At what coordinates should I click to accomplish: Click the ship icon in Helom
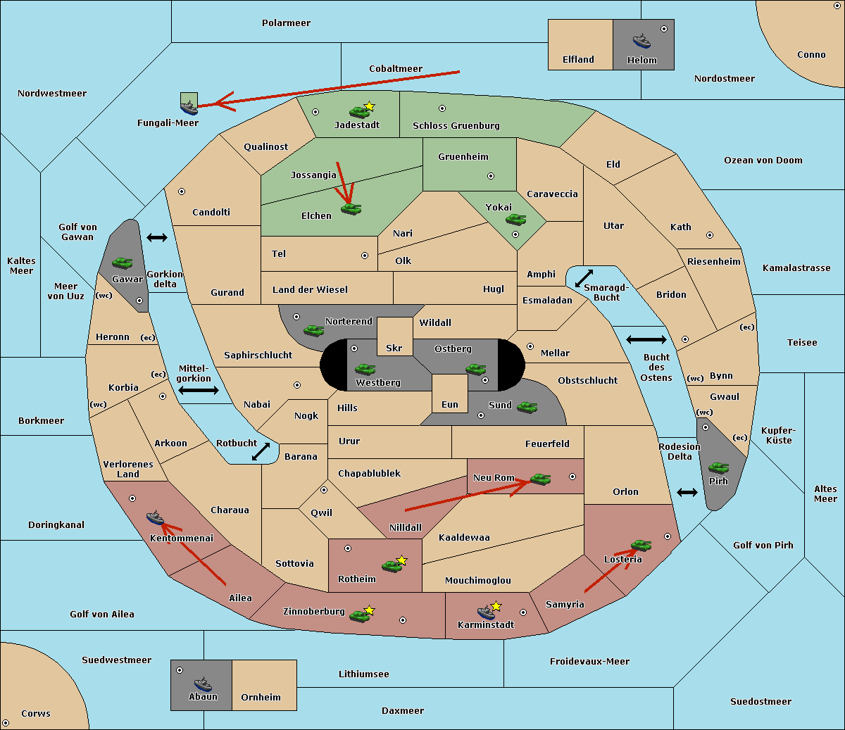641,41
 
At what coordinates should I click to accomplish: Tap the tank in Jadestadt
360,111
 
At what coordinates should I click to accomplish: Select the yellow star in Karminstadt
496,605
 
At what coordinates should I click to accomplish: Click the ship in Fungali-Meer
189,107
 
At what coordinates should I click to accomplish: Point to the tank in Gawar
123,263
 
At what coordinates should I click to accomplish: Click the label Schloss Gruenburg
456,125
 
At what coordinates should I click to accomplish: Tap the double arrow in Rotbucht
261,451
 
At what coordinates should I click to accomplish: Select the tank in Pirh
718,467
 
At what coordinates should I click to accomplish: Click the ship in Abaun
203,684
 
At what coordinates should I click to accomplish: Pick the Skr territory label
394,348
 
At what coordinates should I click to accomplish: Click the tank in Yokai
516,220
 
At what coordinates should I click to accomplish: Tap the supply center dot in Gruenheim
491,176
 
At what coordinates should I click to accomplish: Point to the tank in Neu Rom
540,479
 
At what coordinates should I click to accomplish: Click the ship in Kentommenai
156,517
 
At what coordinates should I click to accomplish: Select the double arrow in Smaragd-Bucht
584,278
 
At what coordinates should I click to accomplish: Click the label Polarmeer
286,23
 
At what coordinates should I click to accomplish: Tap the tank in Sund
527,408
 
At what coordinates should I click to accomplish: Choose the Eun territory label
450,404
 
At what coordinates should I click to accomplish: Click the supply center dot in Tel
365,256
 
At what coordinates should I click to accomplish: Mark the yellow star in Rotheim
402,560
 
